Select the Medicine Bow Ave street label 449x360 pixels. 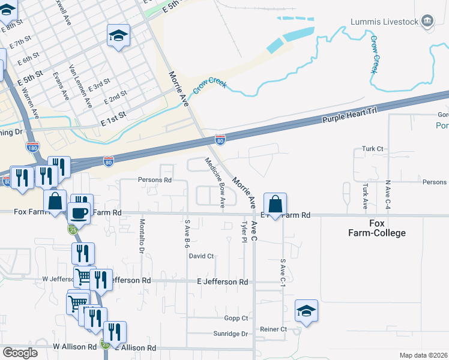pyautogui.click(x=214, y=182)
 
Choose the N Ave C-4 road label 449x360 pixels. pyautogui.click(x=388, y=194)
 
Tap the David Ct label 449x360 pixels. pyautogui.click(x=201, y=256)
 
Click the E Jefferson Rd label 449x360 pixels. pyautogui.click(x=222, y=281)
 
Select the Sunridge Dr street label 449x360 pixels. pyautogui.click(x=231, y=334)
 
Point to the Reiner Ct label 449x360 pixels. pyautogui.click(x=274, y=329)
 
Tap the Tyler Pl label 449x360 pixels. pyautogui.click(x=244, y=232)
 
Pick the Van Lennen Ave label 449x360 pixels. pyautogui.click(x=80, y=86)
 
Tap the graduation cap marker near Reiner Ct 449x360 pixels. pyautogui.click(x=306, y=311)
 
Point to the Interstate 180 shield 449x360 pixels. pyautogui.click(x=32, y=146)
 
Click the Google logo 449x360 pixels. pyautogui.click(x=20, y=353)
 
